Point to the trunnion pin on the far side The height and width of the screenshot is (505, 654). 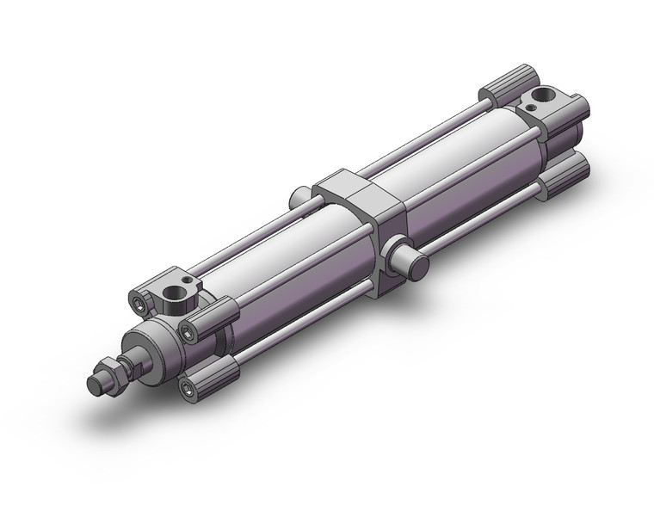pyautogui.click(x=299, y=196)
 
